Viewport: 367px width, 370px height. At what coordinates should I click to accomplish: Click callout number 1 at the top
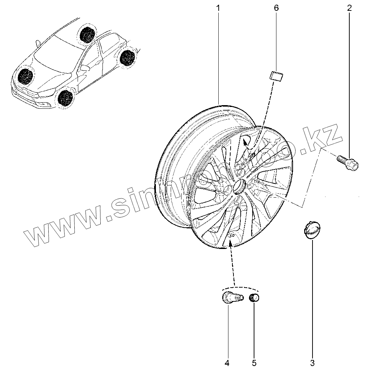(218, 8)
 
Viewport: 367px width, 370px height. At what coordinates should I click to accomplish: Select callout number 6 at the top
(276, 8)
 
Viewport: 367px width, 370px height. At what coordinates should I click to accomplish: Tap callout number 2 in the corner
(349, 8)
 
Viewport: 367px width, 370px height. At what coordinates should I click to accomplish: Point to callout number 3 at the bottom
(313, 362)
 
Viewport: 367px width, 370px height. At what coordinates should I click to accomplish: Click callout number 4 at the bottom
(227, 362)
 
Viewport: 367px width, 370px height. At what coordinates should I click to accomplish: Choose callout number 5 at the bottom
(254, 362)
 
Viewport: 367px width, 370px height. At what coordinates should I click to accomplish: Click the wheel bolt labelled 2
(348, 162)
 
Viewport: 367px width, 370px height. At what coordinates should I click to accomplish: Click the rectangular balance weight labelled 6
(277, 77)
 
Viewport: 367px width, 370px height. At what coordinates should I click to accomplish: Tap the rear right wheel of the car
(87, 34)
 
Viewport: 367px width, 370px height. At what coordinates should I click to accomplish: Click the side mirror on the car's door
(85, 68)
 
